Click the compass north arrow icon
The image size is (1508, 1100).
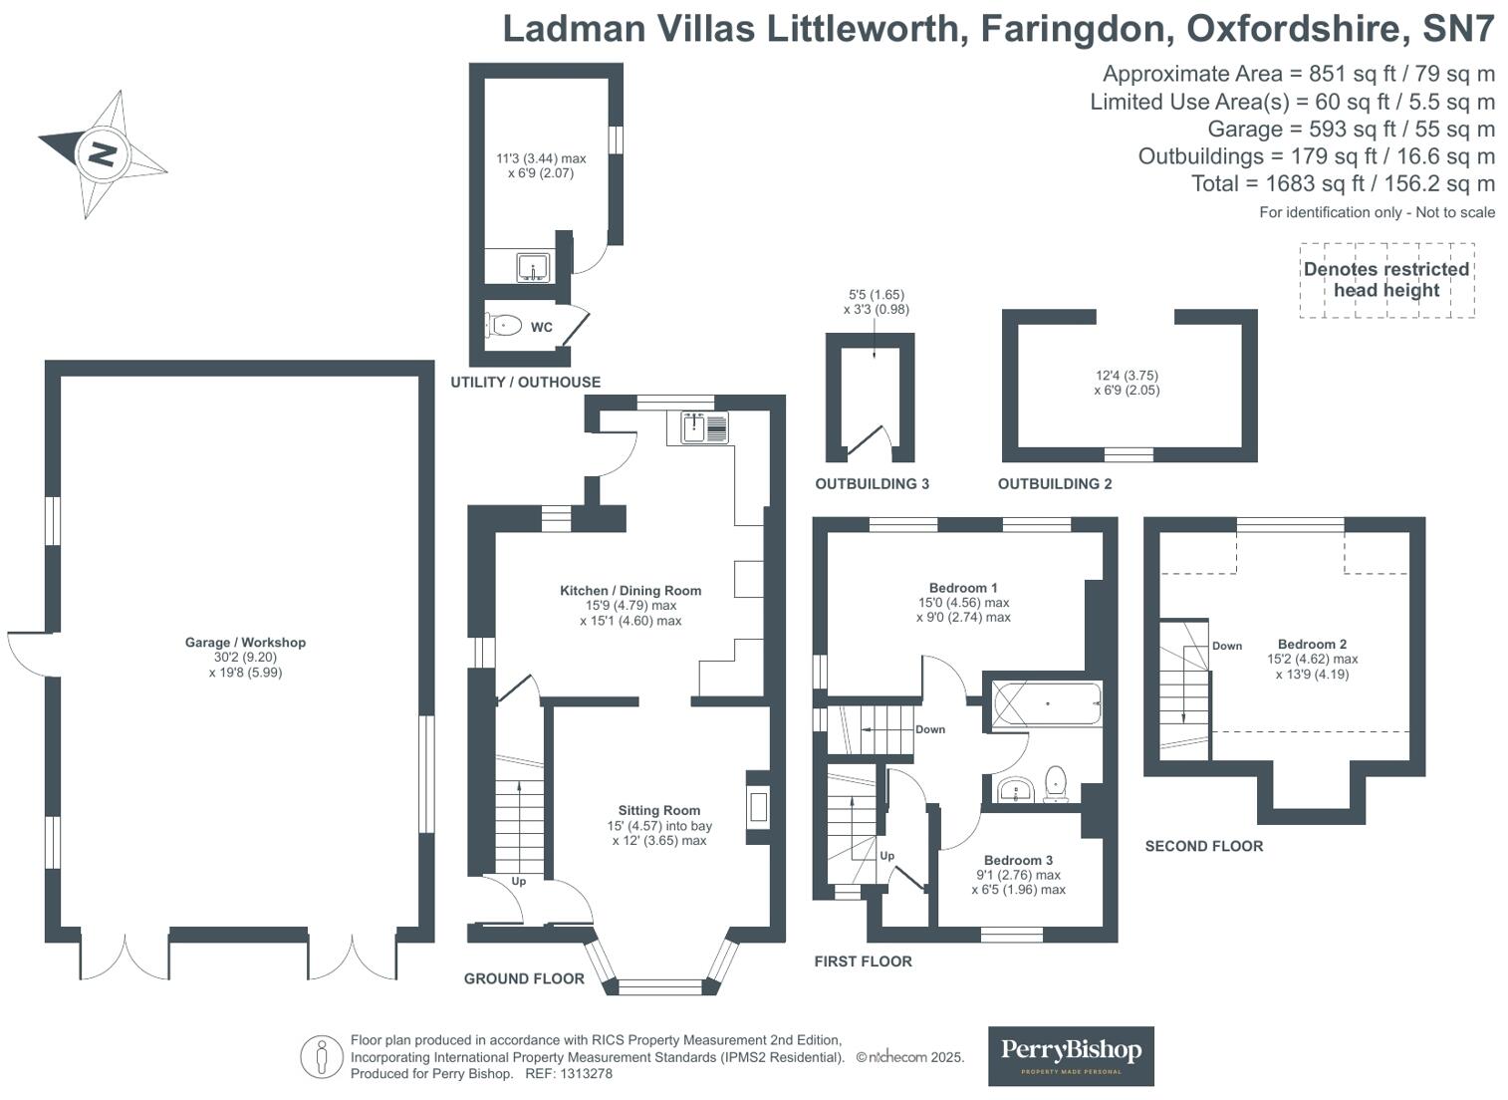point(102,154)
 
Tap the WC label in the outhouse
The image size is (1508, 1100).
point(541,327)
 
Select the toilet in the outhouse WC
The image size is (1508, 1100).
point(505,325)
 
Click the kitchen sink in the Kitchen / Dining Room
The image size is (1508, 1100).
point(704,426)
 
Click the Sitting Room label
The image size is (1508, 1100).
point(658,811)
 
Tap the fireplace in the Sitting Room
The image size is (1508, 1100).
point(758,805)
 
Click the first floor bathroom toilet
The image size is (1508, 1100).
point(1056,783)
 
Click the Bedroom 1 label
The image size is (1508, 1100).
point(963,588)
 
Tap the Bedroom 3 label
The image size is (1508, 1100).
point(1018,860)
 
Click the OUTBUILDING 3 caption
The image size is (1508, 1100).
point(872,484)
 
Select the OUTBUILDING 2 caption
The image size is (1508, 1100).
point(1055,484)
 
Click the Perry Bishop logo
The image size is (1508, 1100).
point(1071,1055)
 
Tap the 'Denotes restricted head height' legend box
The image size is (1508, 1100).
point(1386,280)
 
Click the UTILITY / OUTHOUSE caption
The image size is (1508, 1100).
point(525,383)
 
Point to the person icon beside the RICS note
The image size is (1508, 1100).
point(322,1057)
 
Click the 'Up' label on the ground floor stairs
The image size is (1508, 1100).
point(519,882)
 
